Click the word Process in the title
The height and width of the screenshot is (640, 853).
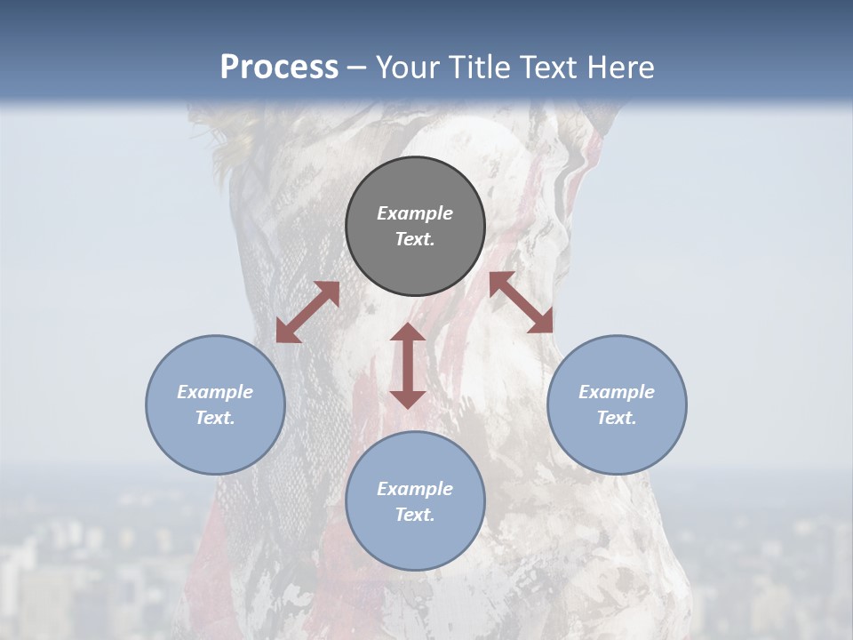click(279, 68)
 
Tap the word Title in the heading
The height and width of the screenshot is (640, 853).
click(482, 68)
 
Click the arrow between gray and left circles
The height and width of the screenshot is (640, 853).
click(307, 312)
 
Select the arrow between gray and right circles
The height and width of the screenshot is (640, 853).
click(522, 302)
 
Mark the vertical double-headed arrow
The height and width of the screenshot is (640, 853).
click(408, 365)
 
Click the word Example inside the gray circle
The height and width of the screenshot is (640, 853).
click(415, 213)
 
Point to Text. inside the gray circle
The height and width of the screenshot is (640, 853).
click(415, 239)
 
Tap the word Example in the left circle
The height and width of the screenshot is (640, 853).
click(215, 392)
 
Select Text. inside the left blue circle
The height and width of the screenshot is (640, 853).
click(215, 418)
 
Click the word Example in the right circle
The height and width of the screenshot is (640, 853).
click(617, 392)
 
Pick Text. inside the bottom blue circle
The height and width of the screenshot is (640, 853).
click(415, 515)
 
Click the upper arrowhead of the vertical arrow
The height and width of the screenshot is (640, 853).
click(408, 332)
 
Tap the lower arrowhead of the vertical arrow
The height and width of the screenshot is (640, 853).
click(408, 399)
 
